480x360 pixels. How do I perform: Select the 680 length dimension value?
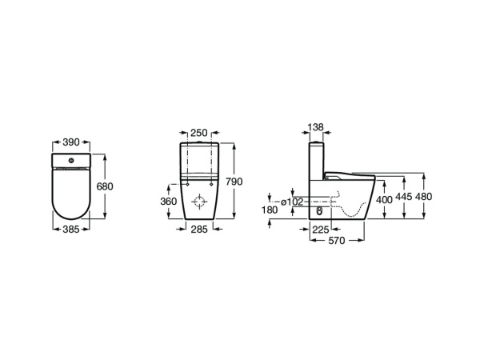[x=105, y=186]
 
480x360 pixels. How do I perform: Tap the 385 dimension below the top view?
[x=72, y=228]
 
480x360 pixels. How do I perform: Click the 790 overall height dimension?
[x=234, y=182]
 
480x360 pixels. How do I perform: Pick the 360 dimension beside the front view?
[x=169, y=202]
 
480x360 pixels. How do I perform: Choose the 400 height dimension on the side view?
[x=384, y=198]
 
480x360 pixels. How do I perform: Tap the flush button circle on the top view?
[x=72, y=162]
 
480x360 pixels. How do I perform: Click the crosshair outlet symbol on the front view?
[x=200, y=201]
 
